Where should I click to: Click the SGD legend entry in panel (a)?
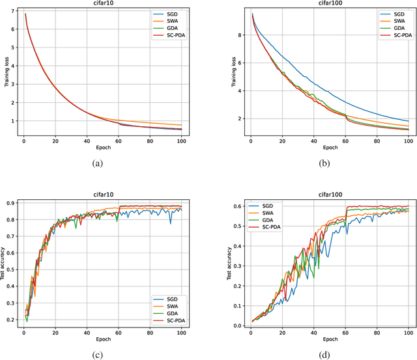coord(175,14)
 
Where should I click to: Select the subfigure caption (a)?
coord(98,163)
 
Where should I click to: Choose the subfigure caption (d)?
coord(325,354)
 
